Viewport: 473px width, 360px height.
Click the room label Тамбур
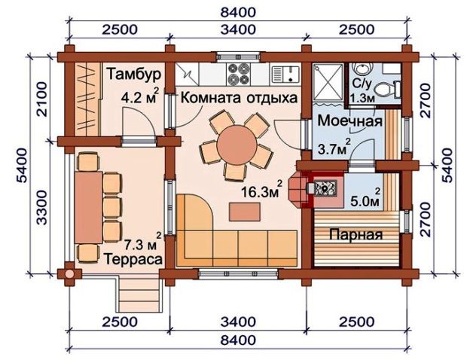click(134, 75)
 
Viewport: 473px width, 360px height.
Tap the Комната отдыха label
click(239, 98)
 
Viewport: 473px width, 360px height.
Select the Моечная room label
click(350, 121)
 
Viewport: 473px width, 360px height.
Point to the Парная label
click(356, 234)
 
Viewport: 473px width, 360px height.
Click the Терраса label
click(133, 259)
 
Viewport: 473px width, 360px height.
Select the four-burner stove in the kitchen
click(239, 75)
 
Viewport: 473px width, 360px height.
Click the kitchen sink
click(285, 75)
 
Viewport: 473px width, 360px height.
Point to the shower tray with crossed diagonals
click(328, 82)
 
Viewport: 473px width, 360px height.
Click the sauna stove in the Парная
click(325, 188)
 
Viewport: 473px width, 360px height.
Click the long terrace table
click(89, 207)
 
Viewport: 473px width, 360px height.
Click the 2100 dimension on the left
click(42, 99)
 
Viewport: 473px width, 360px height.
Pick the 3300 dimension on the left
click(42, 207)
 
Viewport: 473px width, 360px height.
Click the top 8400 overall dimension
click(238, 12)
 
